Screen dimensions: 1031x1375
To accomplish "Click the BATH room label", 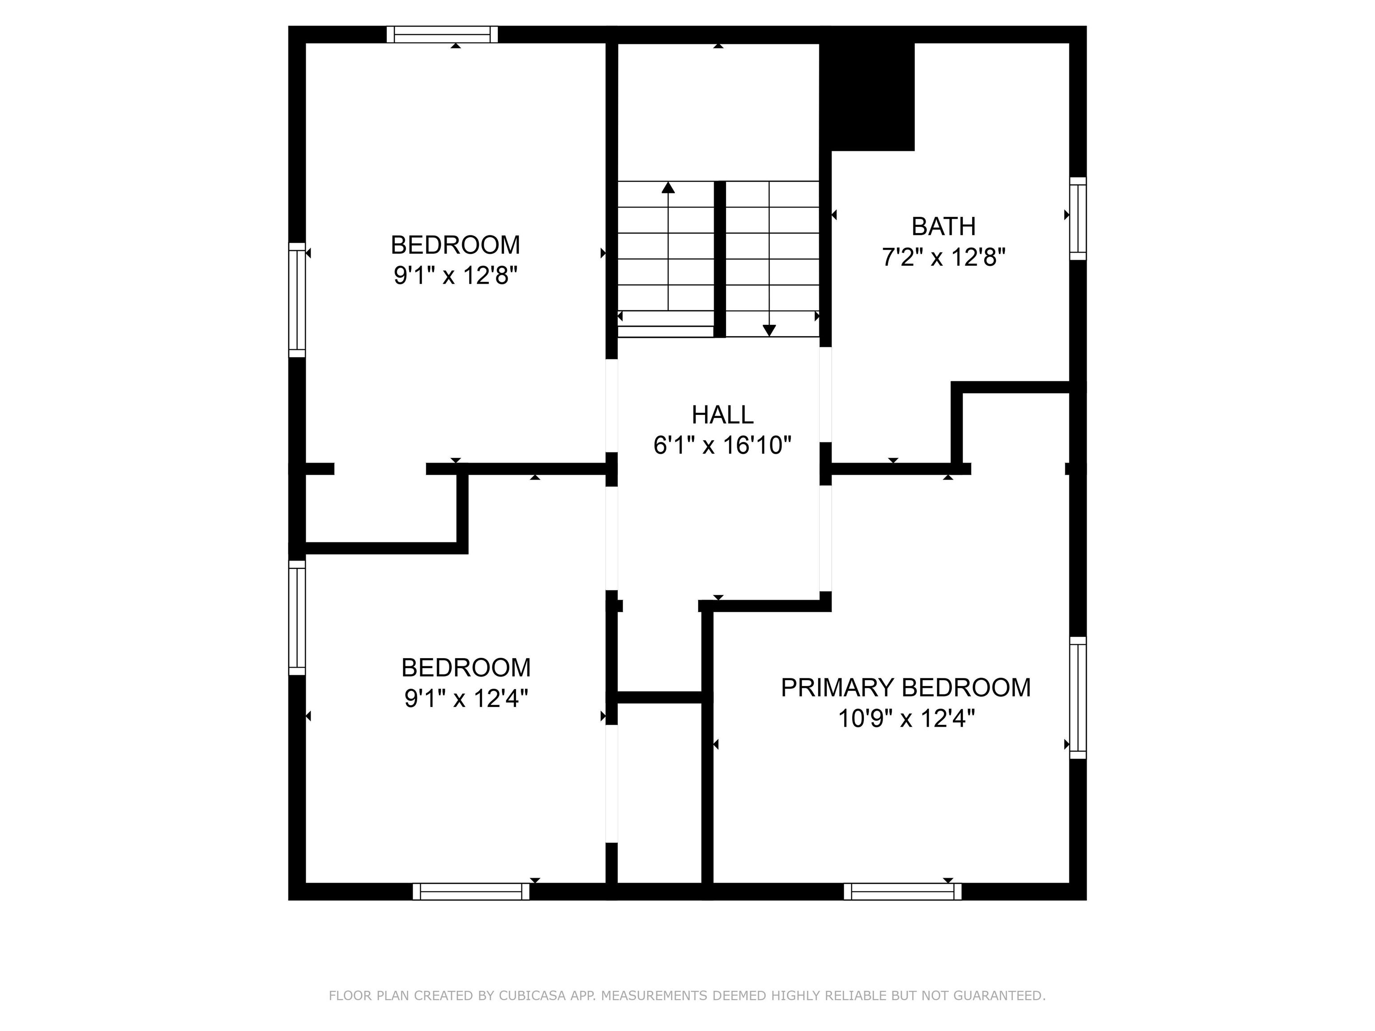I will pyautogui.click(x=943, y=226).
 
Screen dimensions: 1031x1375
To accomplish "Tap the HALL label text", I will pyautogui.click(x=722, y=414).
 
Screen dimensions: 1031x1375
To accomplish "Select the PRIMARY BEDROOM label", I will pyautogui.click(x=905, y=688).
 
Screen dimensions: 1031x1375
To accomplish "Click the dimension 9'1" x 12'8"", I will pyautogui.click(x=456, y=275).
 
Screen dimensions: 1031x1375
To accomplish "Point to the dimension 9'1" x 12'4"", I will pyautogui.click(x=466, y=699).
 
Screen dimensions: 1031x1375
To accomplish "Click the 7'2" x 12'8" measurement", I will pyautogui.click(x=944, y=257).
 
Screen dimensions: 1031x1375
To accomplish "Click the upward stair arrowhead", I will pyautogui.click(x=668, y=187).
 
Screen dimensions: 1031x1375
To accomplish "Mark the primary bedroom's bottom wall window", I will pyautogui.click(x=903, y=891).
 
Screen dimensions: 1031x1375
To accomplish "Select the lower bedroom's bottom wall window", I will pyautogui.click(x=471, y=891).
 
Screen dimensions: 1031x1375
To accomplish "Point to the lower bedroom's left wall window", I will pyautogui.click(x=297, y=617).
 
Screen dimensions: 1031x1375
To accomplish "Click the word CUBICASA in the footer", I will pyautogui.click(x=532, y=996).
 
